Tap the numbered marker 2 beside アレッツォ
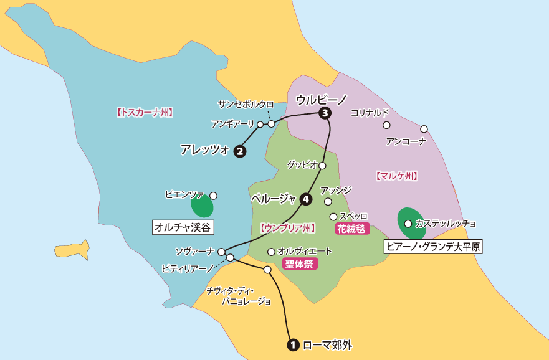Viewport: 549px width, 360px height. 239,151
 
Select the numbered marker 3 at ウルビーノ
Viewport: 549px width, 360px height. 324,113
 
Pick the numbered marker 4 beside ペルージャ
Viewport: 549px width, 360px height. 305,199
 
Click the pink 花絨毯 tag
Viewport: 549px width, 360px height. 352,229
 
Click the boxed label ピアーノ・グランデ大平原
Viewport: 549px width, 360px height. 434,247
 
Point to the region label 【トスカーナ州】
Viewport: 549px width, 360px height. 144,113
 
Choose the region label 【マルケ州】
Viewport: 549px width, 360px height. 396,176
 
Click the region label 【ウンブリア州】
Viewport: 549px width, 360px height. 287,229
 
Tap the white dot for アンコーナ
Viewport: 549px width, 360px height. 424,129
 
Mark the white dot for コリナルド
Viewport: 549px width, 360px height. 386,125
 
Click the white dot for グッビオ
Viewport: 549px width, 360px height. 322,166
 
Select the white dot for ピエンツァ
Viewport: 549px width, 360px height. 213,196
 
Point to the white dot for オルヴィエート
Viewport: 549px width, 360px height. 271,252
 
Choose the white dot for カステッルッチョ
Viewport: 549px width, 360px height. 408,223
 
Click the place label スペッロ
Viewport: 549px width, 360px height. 353,216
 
